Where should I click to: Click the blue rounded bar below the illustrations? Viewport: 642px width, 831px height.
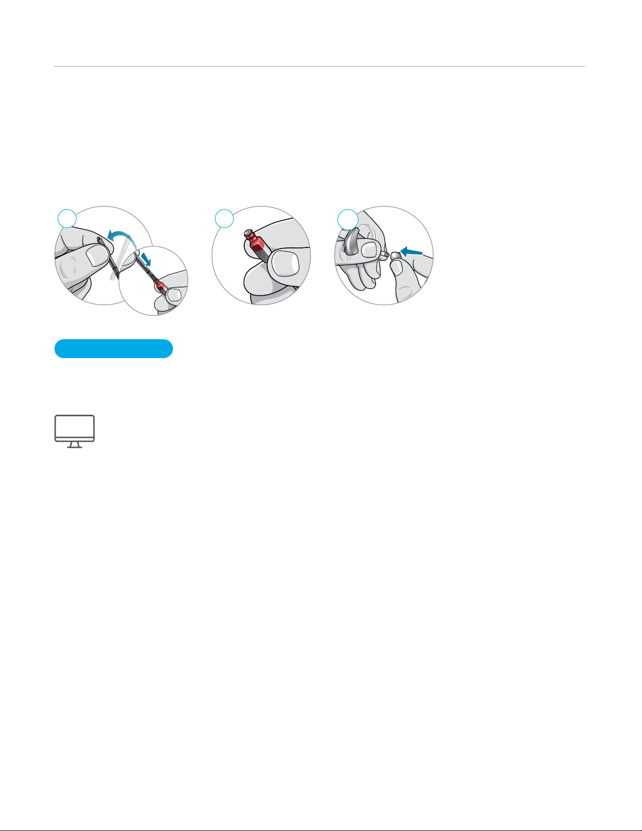tap(114, 349)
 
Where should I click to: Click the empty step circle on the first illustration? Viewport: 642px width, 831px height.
tap(67, 219)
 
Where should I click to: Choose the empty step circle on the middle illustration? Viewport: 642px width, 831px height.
tap(224, 219)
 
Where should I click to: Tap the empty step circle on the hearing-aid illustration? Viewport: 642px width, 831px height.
tap(347, 219)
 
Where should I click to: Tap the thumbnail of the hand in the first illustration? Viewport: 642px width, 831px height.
tap(97, 256)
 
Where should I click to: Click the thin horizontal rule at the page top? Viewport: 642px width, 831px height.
tap(320, 67)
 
